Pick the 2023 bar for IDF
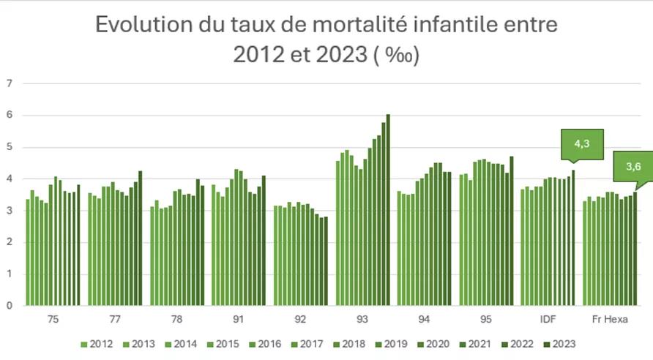tap(573, 238)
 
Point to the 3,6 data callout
tap(633, 166)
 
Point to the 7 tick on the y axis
tap(10, 83)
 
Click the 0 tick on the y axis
tap(10, 306)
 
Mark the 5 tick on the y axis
tap(10, 147)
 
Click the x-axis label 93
tap(362, 320)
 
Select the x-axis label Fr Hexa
tap(610, 320)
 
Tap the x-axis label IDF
tap(548, 320)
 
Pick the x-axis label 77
tap(115, 320)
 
